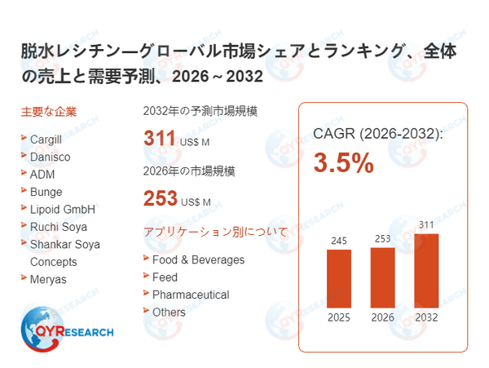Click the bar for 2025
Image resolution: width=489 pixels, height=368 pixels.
click(x=338, y=277)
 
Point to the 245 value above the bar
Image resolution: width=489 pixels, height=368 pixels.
click(x=338, y=241)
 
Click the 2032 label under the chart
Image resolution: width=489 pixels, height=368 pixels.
click(x=426, y=317)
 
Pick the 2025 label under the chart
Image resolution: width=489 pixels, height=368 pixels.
click(x=338, y=317)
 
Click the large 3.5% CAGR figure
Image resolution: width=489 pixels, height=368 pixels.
click(x=343, y=163)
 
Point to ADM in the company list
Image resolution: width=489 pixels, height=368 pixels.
click(x=42, y=174)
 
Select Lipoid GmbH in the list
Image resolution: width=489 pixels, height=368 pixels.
click(x=63, y=209)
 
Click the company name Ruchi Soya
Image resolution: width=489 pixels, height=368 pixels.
click(x=58, y=227)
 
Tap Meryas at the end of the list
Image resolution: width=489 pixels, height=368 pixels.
click(x=48, y=279)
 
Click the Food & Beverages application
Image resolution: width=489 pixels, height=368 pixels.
click(x=198, y=259)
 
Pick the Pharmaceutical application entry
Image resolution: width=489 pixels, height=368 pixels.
click(x=191, y=295)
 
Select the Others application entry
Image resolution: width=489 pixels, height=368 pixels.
click(x=169, y=312)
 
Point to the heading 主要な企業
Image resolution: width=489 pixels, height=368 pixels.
click(x=49, y=112)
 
